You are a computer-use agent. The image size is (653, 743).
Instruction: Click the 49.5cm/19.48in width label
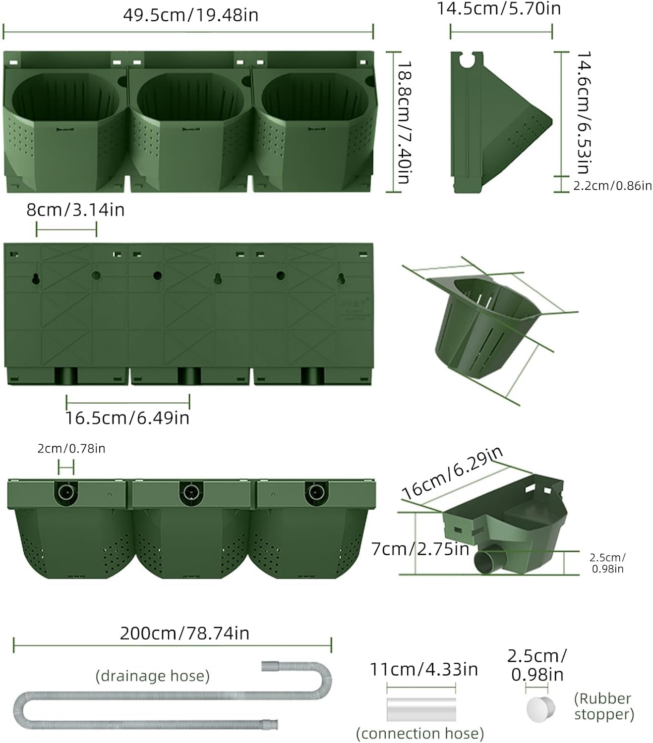click(190, 15)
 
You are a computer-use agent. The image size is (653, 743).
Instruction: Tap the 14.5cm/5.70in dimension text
click(498, 8)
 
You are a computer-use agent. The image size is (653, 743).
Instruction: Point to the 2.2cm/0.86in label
click(612, 186)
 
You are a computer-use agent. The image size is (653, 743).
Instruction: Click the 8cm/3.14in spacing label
click(75, 210)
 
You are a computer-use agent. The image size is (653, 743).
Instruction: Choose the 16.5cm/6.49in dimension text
click(127, 418)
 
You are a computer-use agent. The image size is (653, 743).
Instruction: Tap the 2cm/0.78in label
click(71, 449)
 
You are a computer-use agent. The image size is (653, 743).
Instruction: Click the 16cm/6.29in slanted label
click(452, 473)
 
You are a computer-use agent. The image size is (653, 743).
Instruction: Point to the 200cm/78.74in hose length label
click(184, 633)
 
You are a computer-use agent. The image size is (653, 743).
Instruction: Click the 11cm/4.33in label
click(424, 669)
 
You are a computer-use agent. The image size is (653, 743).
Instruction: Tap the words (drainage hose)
click(153, 676)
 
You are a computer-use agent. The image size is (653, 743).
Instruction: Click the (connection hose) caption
click(420, 733)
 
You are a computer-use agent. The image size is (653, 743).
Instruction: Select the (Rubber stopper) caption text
click(603, 706)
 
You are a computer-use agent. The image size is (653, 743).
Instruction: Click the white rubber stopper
click(539, 709)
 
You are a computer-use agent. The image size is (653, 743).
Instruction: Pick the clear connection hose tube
click(421, 709)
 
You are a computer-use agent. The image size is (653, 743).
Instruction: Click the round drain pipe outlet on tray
click(486, 561)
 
